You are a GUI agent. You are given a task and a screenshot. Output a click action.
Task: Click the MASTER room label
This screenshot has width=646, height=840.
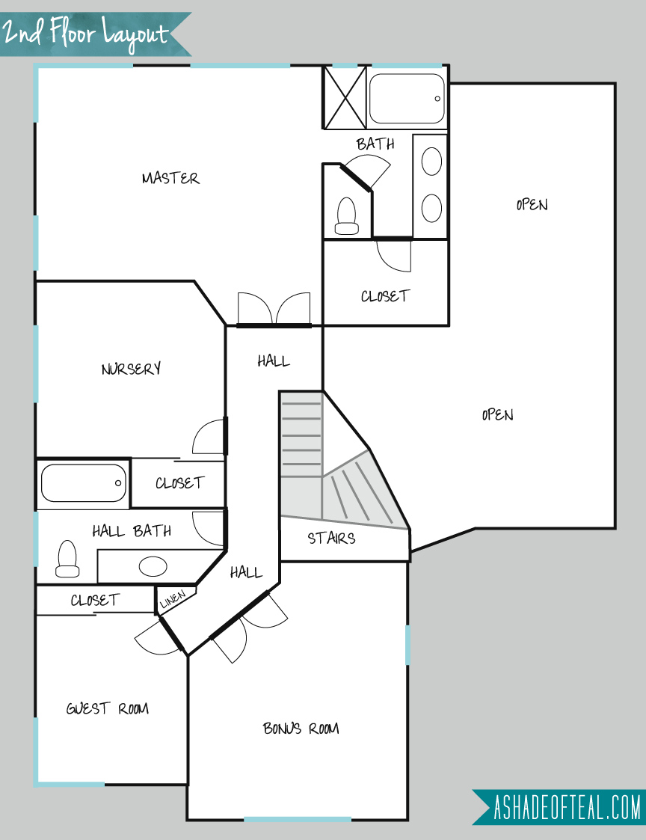[x=170, y=178]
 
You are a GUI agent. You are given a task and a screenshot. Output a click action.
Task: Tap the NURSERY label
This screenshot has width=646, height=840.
[x=132, y=369]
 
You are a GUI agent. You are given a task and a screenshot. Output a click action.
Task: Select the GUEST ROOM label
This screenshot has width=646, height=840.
[x=107, y=709]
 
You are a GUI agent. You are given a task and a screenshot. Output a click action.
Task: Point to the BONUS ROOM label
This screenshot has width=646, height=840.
[x=301, y=728]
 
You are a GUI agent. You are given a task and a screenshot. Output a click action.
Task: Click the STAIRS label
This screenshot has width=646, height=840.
[x=331, y=538]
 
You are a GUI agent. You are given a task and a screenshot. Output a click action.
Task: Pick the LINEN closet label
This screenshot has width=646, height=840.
[x=173, y=599]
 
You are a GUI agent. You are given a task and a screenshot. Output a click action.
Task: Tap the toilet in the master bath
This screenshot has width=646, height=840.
[x=347, y=216]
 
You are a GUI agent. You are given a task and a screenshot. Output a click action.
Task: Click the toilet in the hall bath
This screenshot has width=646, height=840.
[x=67, y=559]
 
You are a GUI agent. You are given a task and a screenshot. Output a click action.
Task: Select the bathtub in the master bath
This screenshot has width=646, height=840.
[x=407, y=99]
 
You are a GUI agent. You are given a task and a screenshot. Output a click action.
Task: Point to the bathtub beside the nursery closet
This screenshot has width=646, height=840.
[x=84, y=483]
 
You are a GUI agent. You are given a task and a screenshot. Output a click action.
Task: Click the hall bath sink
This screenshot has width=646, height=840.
[x=153, y=566]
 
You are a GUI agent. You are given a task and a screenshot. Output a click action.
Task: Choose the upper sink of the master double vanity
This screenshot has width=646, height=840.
[x=431, y=162]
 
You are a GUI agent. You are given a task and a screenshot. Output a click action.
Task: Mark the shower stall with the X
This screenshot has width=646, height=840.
[x=345, y=97]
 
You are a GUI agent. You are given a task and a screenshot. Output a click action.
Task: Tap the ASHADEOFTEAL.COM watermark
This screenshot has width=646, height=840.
[x=559, y=807]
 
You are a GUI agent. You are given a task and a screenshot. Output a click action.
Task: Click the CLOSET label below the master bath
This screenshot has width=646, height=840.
[x=385, y=296]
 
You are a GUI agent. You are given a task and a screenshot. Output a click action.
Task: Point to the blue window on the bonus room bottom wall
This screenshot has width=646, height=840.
[x=298, y=820]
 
